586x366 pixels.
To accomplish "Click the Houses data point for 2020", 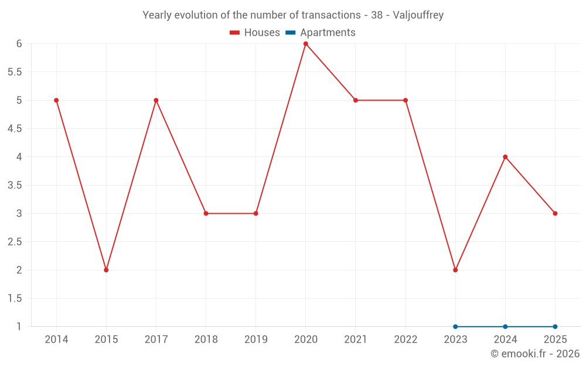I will click(x=306, y=44).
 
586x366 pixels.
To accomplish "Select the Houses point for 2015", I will click(x=106, y=270).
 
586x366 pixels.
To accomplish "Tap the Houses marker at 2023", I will click(x=455, y=270).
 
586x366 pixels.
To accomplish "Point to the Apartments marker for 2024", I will click(x=505, y=326).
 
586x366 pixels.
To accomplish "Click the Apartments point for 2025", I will click(x=555, y=326).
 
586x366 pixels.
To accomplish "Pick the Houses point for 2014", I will click(x=56, y=100).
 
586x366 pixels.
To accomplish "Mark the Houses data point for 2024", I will click(x=505, y=157).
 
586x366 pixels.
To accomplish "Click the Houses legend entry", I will click(x=255, y=33).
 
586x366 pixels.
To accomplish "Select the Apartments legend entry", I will click(x=321, y=33).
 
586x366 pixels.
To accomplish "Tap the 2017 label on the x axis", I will click(x=156, y=340).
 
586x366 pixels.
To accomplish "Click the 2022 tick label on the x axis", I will click(x=406, y=340).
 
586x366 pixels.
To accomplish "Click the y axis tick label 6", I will click(x=19, y=44).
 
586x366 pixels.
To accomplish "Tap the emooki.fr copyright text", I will click(x=534, y=354).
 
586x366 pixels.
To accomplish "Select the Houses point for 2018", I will click(x=206, y=213).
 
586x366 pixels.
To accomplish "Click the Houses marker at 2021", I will click(x=356, y=100).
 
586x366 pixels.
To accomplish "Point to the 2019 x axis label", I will click(x=255, y=340).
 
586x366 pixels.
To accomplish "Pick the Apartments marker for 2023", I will click(x=455, y=326).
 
